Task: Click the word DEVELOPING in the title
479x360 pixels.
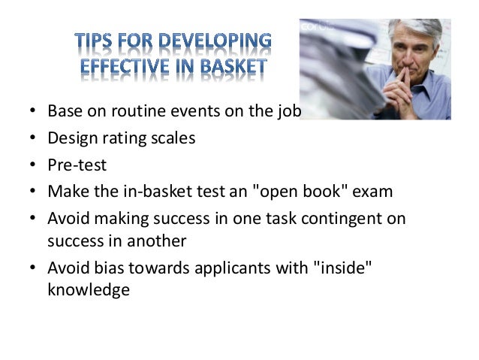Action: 220,41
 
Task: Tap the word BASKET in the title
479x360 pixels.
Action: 230,68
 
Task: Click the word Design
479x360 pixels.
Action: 71,138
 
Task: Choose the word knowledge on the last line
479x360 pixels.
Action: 89,290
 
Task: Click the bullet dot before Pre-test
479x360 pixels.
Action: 32,165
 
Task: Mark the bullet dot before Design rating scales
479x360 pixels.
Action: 32,139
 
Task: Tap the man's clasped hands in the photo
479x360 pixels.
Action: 404,94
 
